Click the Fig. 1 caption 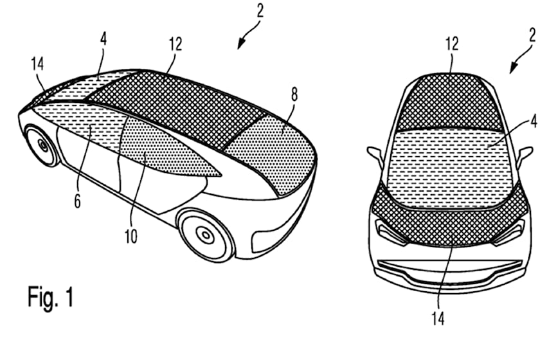click(x=51, y=296)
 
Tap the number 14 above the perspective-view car click(x=37, y=64)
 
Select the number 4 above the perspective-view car click(x=104, y=39)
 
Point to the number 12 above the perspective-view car click(x=175, y=44)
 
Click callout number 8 click(x=294, y=94)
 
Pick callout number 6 click(x=78, y=201)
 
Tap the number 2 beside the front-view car click(x=532, y=35)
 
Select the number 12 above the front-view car click(x=452, y=44)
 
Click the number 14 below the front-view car click(x=438, y=318)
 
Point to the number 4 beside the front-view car click(x=534, y=121)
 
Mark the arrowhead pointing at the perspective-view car click(x=241, y=44)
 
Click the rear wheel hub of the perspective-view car click(x=206, y=235)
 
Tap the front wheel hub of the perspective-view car click(x=44, y=146)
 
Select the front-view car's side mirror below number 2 click(x=524, y=155)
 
